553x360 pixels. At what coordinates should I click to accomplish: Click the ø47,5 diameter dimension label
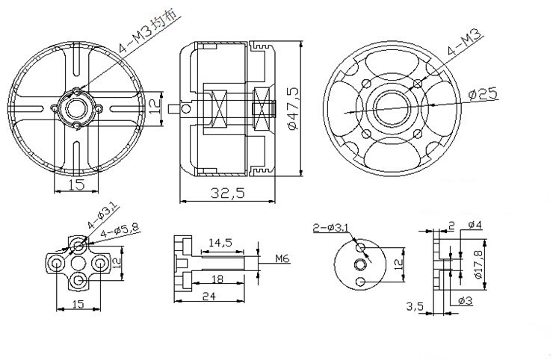pyautogui.click(x=294, y=108)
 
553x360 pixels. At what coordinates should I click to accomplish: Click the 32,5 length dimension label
pyautogui.click(x=227, y=193)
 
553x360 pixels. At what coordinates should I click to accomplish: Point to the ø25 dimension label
pyautogui.click(x=483, y=94)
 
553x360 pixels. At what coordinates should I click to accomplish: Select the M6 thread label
pyautogui.click(x=282, y=259)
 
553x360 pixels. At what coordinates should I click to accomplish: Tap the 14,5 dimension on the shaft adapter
pyautogui.click(x=220, y=243)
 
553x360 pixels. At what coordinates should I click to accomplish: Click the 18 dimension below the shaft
pyautogui.click(x=218, y=279)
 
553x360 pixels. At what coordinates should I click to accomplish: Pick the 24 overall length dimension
pyautogui.click(x=208, y=297)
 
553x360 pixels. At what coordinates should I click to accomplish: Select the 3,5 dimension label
pyautogui.click(x=415, y=306)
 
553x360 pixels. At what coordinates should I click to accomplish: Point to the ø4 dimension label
pyautogui.click(x=475, y=225)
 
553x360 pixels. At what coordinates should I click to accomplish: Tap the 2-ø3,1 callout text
pyautogui.click(x=331, y=228)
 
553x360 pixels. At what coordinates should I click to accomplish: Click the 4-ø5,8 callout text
pyautogui.click(x=120, y=230)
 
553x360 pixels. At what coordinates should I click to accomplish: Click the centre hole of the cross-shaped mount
pyautogui.click(x=78, y=263)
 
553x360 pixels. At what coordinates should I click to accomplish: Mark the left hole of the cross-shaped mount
pyautogui.click(x=56, y=263)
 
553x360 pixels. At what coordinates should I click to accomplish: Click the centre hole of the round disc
pyautogui.click(x=360, y=264)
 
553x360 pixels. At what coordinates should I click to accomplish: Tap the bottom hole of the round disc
pyautogui.click(x=360, y=282)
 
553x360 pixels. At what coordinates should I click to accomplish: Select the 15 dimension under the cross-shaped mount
pyautogui.click(x=78, y=303)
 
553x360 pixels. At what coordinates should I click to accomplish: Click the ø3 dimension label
pyautogui.click(x=465, y=300)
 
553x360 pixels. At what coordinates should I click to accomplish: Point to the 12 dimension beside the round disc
pyautogui.click(x=398, y=264)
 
